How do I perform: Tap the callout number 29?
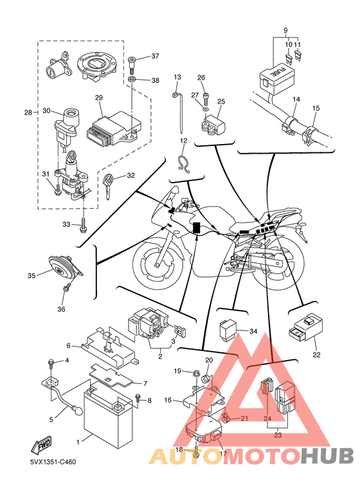pos(99,98)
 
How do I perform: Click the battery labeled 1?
pos(107,413)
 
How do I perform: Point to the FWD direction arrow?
pos(41,446)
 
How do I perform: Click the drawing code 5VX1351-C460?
pos(53,462)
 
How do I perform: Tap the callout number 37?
pos(155,56)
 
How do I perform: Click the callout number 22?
pos(316,355)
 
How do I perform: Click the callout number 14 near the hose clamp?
pos(296,99)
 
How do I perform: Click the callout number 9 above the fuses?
pos(285,31)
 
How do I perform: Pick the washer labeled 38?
pos(133,79)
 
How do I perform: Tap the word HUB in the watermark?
pos(327,456)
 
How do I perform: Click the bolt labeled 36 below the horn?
pos(67,287)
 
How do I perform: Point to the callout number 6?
pos(68,345)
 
